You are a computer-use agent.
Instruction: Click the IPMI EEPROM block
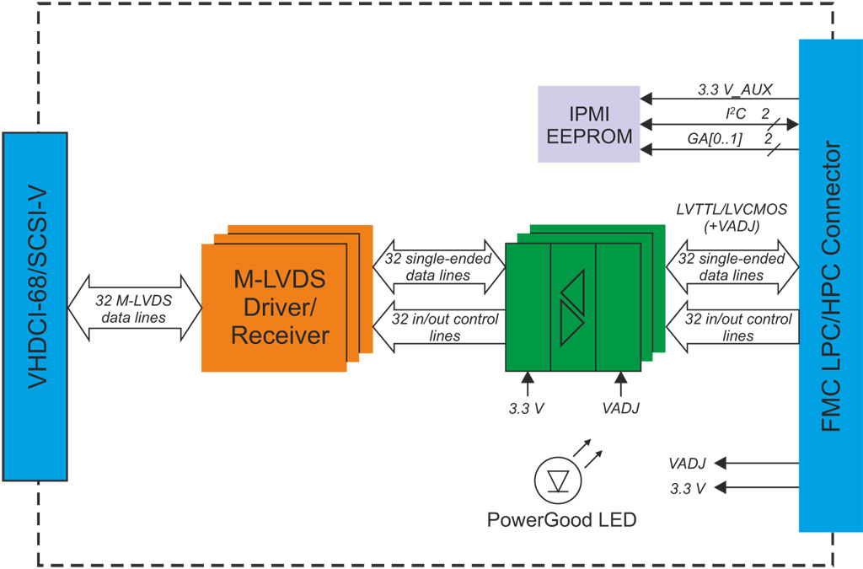click(x=589, y=123)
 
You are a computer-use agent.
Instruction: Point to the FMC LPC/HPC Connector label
click(x=830, y=287)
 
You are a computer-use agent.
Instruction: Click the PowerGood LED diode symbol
click(x=558, y=480)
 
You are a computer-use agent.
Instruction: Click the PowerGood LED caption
click(x=561, y=519)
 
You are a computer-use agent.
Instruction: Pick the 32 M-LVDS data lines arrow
click(x=134, y=309)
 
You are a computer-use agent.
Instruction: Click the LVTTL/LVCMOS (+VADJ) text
click(x=732, y=216)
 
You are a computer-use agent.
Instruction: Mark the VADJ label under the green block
click(x=621, y=408)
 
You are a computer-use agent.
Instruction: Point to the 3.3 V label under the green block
click(x=526, y=408)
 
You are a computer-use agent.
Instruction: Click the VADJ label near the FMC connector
click(x=687, y=463)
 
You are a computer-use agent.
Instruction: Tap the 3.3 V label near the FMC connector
click(x=688, y=487)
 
